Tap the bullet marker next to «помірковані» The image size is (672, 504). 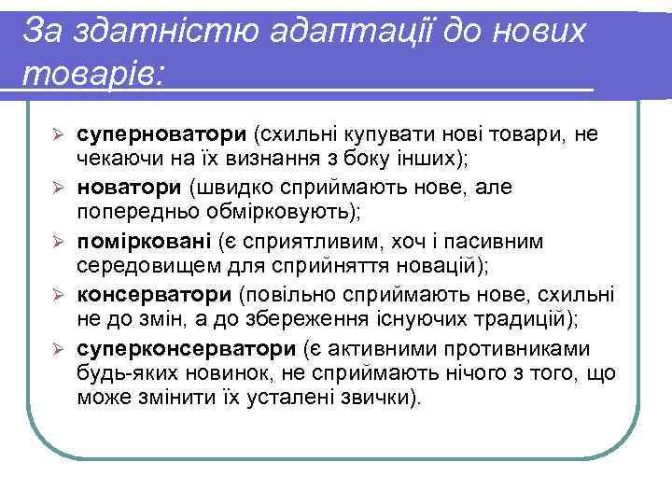pyautogui.click(x=57, y=243)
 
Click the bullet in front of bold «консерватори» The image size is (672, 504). pyautogui.click(x=57, y=297)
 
